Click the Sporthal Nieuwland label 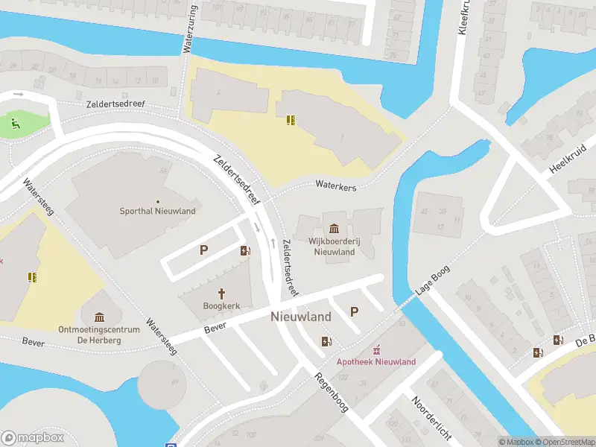(x=158, y=211)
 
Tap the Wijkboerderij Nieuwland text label (x=333, y=247)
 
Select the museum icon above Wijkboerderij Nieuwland (x=333, y=228)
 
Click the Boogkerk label (x=221, y=305)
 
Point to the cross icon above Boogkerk (x=221, y=293)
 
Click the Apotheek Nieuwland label (x=376, y=362)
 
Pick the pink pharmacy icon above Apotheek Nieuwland (x=376, y=349)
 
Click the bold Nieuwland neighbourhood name (x=301, y=317)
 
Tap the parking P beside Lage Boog (x=355, y=312)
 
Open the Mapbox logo (x=32, y=438)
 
